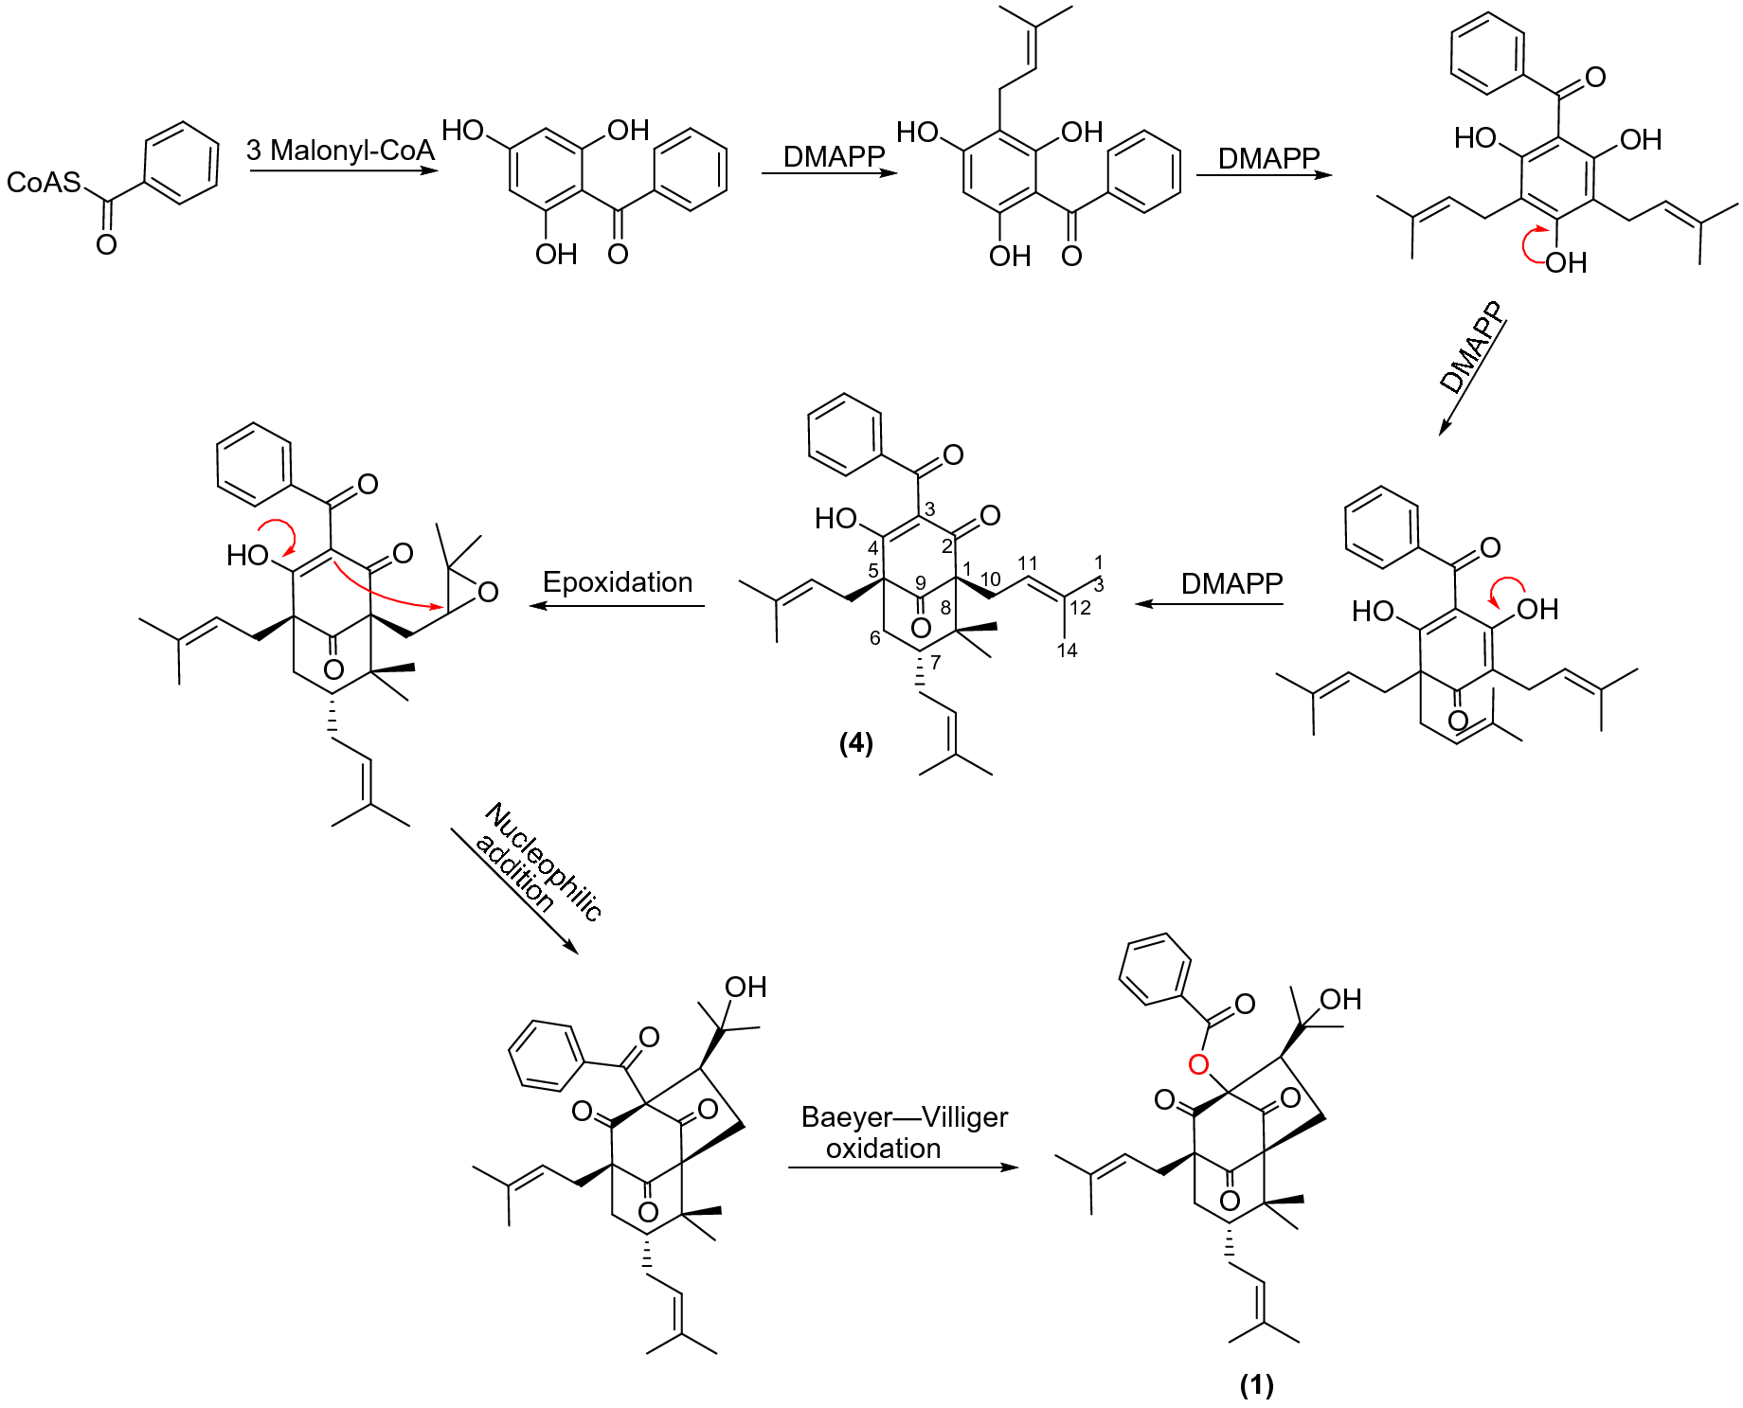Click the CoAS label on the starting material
click(x=44, y=182)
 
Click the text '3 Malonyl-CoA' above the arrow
click(x=340, y=150)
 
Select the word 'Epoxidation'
click(x=618, y=581)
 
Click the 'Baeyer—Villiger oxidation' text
click(x=904, y=1132)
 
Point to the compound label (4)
click(x=855, y=742)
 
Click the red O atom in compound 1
click(x=1198, y=1064)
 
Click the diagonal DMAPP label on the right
click(x=1471, y=347)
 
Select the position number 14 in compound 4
click(x=1067, y=650)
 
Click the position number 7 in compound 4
click(x=936, y=662)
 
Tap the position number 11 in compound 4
click(x=1028, y=563)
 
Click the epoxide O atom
click(x=488, y=593)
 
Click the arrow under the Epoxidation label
click(x=618, y=605)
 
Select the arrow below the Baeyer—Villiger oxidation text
click(x=904, y=1167)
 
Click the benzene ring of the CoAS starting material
click(x=181, y=163)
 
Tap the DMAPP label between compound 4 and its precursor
click(x=1231, y=583)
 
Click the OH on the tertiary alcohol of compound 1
click(x=1340, y=999)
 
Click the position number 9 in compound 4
click(x=920, y=583)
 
